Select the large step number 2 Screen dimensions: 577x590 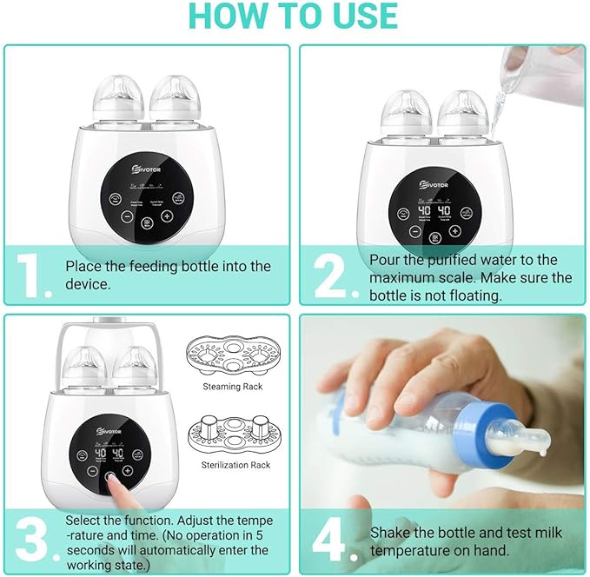pyautogui.click(x=330, y=275)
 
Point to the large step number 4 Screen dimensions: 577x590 pyautogui.click(x=332, y=539)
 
